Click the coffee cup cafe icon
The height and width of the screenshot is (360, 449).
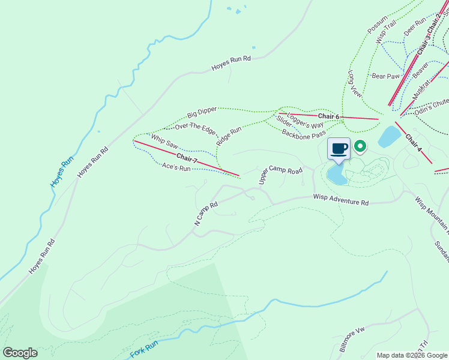(x=339, y=148)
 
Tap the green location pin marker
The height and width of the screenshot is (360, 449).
(x=360, y=145)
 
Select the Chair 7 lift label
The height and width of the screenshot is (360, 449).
(x=187, y=159)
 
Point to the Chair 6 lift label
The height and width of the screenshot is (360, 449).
(x=328, y=116)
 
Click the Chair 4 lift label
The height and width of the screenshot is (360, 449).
(x=414, y=142)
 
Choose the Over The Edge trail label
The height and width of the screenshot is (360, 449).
(x=195, y=126)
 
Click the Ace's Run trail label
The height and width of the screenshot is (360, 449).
(x=176, y=168)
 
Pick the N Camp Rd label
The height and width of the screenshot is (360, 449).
(x=205, y=213)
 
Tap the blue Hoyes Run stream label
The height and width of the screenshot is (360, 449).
(x=61, y=172)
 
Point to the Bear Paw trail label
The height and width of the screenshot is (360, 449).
(x=385, y=76)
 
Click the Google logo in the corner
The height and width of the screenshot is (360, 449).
(x=20, y=353)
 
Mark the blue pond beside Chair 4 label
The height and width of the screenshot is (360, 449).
(x=389, y=137)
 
